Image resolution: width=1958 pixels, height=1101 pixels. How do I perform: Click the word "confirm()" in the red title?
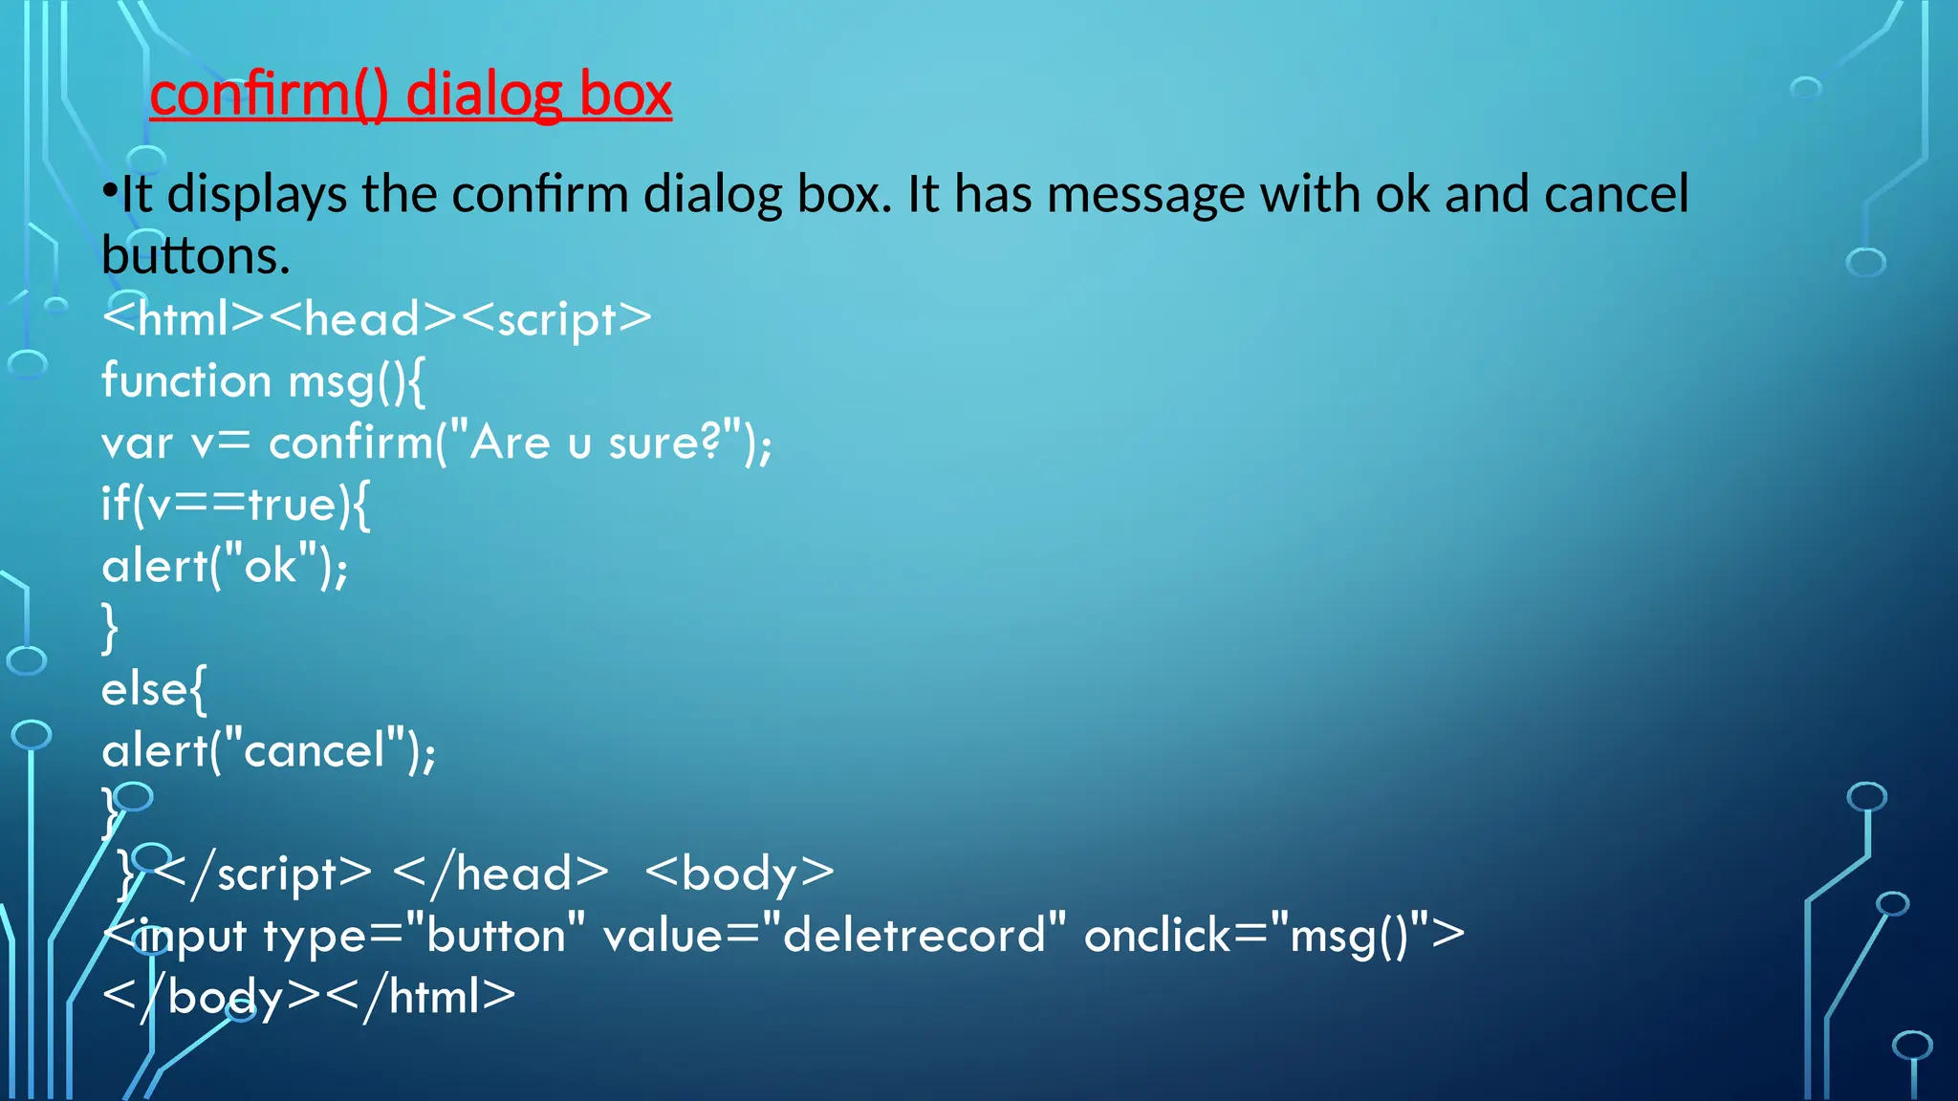point(269,95)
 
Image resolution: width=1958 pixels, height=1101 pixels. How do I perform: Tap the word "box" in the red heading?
point(625,95)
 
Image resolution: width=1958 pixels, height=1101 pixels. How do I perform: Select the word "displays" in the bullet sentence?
point(256,194)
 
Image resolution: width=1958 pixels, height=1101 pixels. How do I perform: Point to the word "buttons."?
point(195,256)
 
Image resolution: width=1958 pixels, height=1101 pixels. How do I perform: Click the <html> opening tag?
point(183,318)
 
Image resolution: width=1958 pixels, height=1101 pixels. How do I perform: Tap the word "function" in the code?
point(186,380)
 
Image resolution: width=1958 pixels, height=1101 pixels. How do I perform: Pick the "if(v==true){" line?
point(235,504)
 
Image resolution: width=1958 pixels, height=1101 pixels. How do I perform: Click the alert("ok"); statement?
point(225,566)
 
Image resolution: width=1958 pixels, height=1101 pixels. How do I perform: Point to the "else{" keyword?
point(153,689)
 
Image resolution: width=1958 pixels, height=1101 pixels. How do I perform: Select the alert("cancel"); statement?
point(269,750)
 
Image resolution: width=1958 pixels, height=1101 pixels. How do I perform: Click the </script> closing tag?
point(262,874)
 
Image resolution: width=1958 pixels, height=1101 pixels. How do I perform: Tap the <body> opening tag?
point(739,874)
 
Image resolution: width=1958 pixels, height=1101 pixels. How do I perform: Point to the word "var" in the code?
point(137,443)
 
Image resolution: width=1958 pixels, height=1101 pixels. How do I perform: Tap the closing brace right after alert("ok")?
point(110,628)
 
